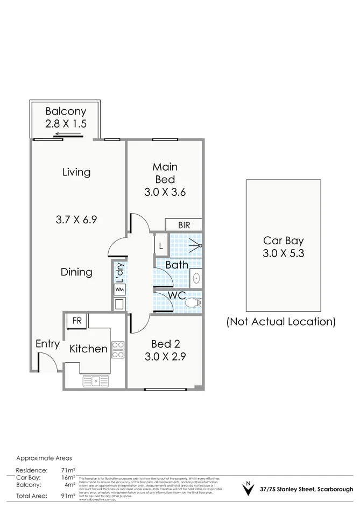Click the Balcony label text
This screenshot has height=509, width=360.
point(66,111)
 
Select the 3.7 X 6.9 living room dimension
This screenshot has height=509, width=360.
point(76,220)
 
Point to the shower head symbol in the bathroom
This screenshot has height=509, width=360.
point(196,246)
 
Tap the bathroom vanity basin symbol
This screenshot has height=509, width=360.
point(196,279)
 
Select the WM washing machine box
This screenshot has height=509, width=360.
point(118,289)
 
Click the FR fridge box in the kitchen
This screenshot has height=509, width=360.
point(77,321)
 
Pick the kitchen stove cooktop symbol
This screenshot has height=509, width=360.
point(118,349)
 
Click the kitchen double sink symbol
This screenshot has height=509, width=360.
point(96,381)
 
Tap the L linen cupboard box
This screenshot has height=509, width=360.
point(161,246)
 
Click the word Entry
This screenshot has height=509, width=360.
point(47,344)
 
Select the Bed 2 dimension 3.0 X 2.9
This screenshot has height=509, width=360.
point(165,356)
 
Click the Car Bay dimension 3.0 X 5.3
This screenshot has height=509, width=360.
point(284,253)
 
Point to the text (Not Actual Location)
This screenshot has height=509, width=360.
point(280,322)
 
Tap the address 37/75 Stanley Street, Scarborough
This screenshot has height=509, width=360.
point(306,489)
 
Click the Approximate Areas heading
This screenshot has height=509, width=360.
point(44,458)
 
